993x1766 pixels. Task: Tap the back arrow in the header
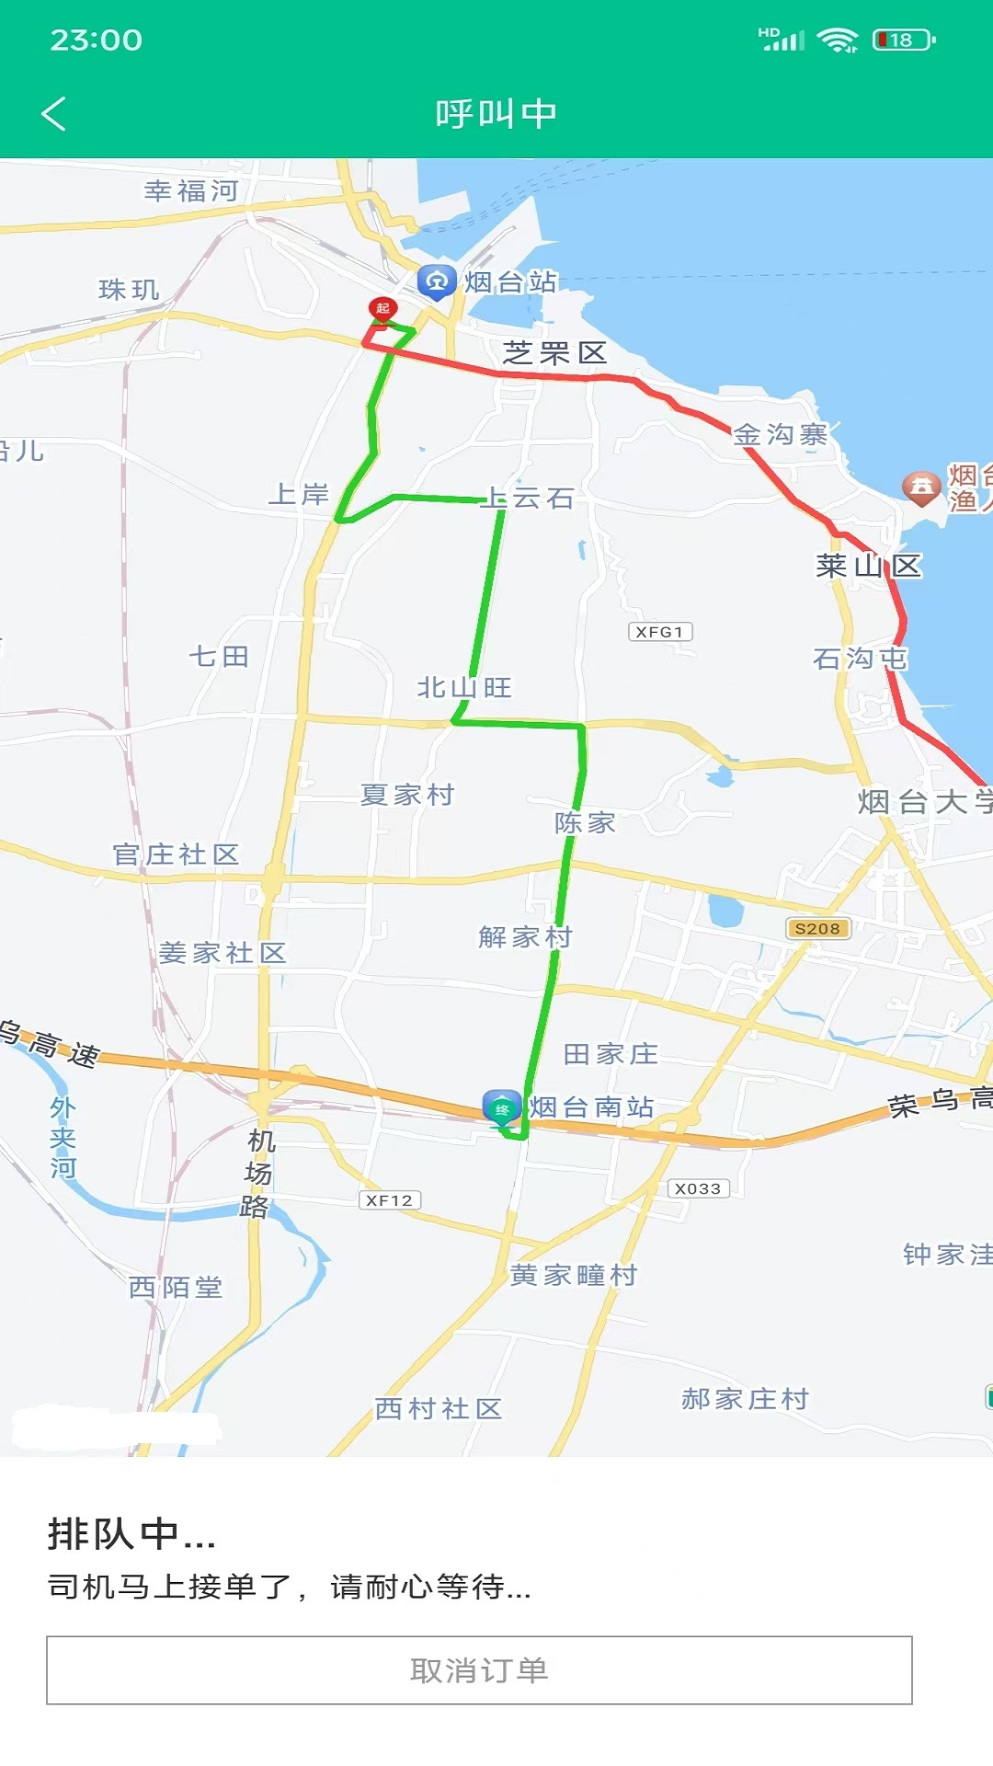(54, 114)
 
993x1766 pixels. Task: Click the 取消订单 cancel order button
(479, 1670)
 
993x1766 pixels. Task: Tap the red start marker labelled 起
(382, 309)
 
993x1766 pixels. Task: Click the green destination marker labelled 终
(501, 1107)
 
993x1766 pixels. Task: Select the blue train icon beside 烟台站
(437, 281)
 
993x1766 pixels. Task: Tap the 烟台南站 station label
(591, 1107)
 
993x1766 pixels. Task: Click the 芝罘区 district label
(554, 353)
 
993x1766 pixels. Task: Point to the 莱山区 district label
(868, 566)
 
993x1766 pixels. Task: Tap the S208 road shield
(817, 929)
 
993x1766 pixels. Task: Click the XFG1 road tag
(659, 632)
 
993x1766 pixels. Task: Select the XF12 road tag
(389, 1200)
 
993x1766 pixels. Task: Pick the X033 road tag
(698, 1188)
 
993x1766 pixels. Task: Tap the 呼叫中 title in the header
(496, 114)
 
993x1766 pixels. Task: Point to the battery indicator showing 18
(904, 40)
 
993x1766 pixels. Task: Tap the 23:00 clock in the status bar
(97, 40)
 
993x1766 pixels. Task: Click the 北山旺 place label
(464, 688)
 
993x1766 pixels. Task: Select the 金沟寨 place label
(780, 434)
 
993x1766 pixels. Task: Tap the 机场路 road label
(258, 1174)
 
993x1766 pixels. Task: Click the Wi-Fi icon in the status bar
(837, 40)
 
